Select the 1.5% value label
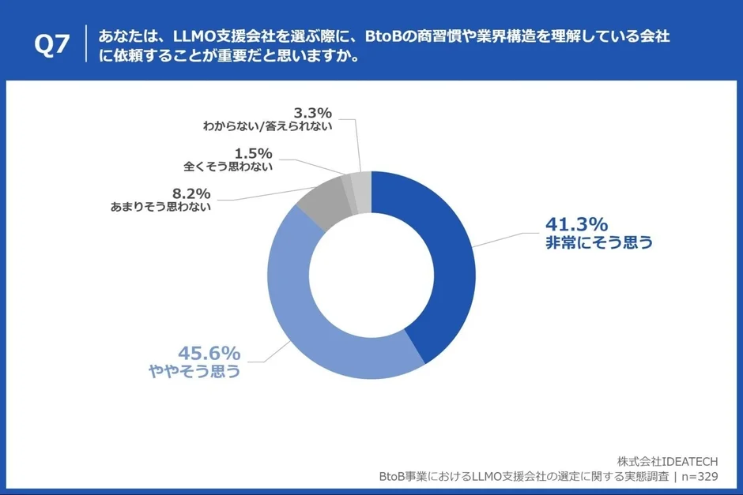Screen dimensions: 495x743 point(253,152)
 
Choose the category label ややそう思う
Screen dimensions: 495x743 point(195,371)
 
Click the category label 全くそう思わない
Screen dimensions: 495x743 point(228,167)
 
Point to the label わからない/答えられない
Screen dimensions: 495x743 point(267,126)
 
